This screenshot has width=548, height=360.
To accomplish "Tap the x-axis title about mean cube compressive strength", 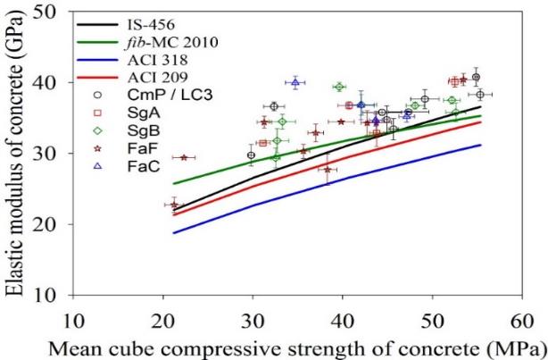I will [298, 346].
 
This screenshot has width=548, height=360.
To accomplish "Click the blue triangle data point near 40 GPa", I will [295, 82].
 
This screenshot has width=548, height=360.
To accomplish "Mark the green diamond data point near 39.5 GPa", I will [339, 87].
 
